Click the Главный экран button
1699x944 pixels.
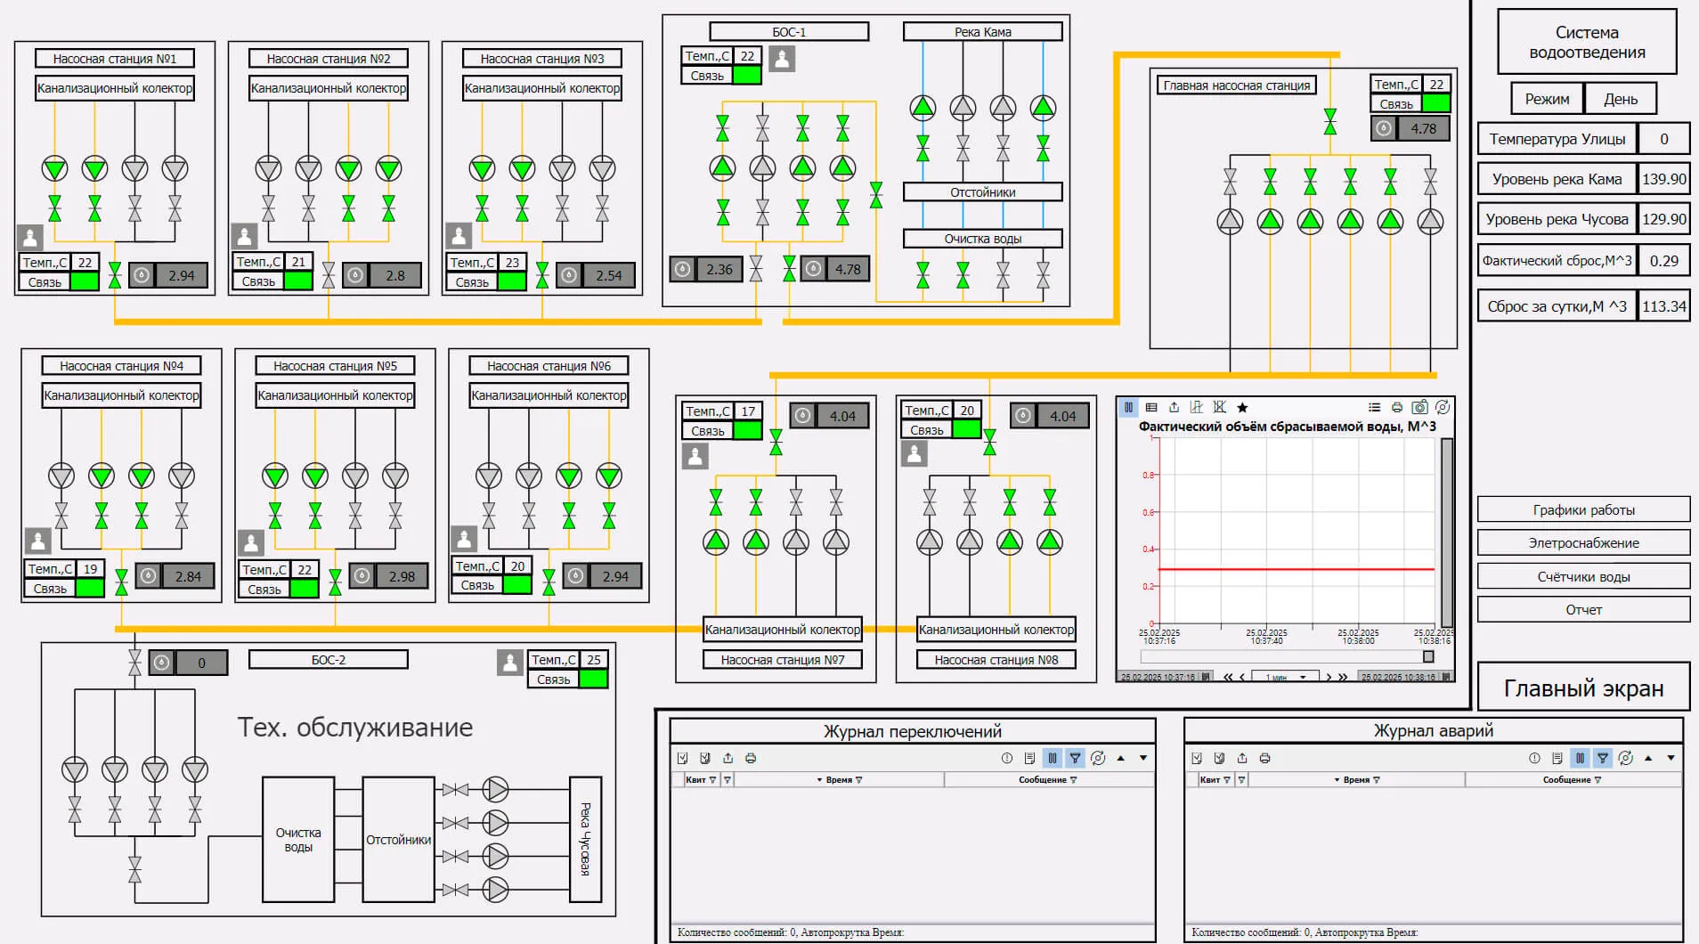(1583, 688)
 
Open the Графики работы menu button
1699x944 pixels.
(1583, 509)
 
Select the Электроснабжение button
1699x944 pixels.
(1583, 542)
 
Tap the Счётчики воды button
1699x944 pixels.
(1583, 576)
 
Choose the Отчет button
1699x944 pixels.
(1583, 609)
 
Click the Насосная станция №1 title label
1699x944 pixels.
(115, 59)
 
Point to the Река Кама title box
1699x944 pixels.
(982, 32)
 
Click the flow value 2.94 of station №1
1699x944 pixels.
(181, 276)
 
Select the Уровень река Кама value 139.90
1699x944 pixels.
(1663, 179)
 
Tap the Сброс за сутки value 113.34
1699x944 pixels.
(1663, 306)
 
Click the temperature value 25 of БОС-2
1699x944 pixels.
(594, 660)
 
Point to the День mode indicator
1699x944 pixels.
(1621, 99)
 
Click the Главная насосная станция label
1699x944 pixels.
(1237, 85)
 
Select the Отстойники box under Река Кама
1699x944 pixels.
(982, 192)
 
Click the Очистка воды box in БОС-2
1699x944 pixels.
(298, 840)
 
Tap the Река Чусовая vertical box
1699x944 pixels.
(585, 839)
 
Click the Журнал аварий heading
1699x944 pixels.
(1433, 731)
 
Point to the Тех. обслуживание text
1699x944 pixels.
(354, 728)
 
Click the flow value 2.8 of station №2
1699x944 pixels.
(395, 276)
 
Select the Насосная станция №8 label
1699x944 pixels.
(996, 660)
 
